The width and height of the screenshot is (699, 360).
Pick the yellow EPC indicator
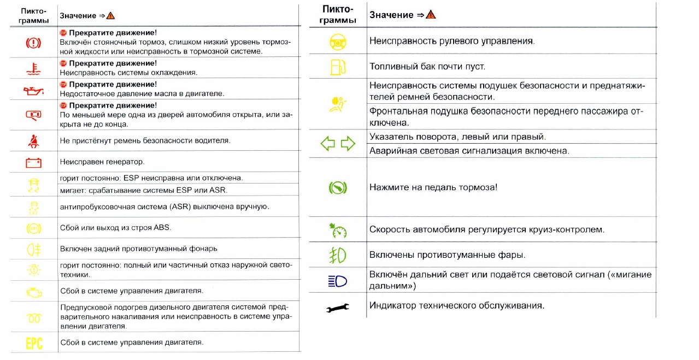(x=34, y=343)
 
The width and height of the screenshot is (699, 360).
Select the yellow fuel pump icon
(x=337, y=67)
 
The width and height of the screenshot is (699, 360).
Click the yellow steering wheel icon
(x=338, y=41)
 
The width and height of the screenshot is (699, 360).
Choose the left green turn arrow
(x=327, y=144)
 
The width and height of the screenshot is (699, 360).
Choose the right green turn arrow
(x=348, y=144)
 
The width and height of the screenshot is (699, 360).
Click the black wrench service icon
(x=338, y=309)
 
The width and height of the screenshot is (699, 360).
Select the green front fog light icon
(x=338, y=256)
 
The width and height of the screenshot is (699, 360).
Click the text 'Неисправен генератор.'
(x=102, y=162)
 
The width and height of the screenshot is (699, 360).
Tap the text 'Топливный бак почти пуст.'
(x=427, y=67)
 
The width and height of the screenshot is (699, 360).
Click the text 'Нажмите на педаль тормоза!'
(x=433, y=187)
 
